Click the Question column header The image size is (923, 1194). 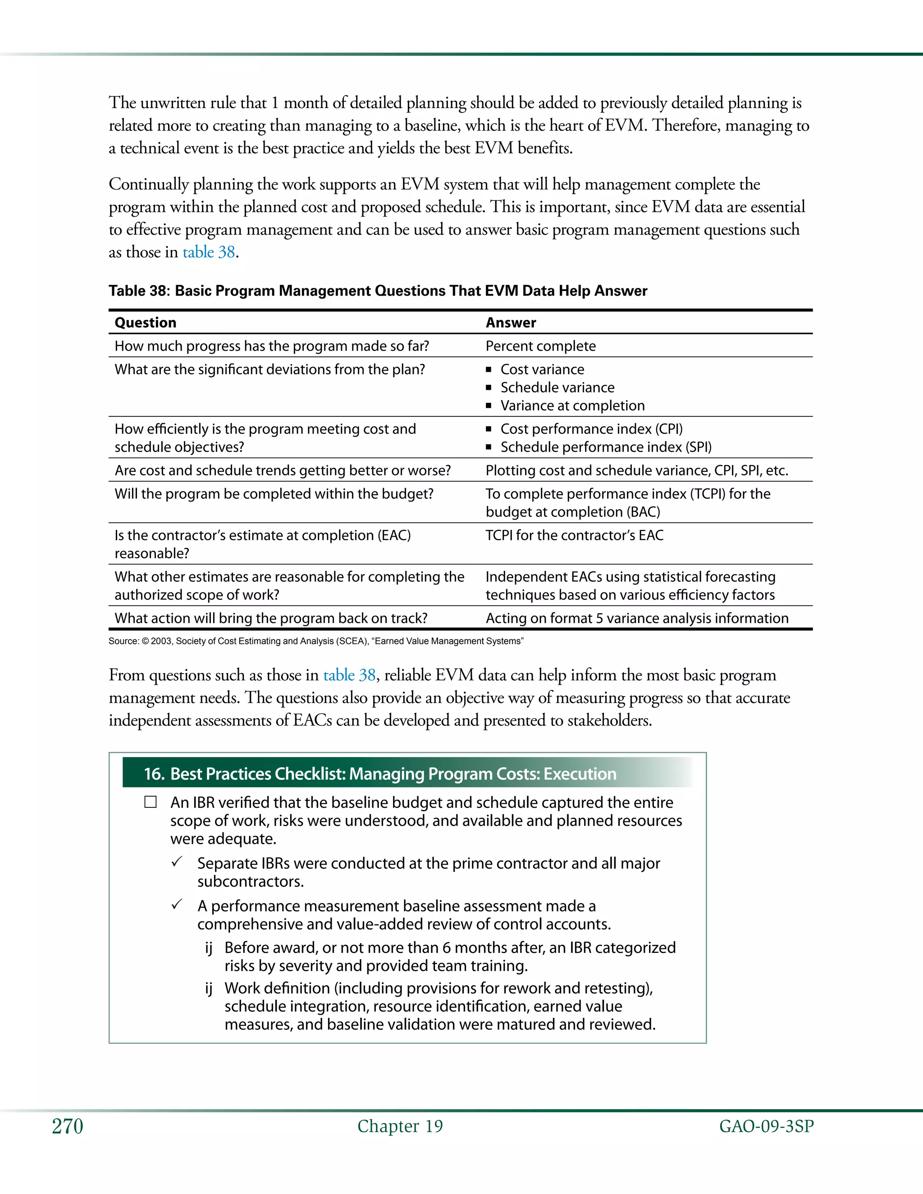click(x=146, y=323)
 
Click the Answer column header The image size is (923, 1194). click(x=511, y=323)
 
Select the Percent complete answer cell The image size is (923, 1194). click(x=540, y=346)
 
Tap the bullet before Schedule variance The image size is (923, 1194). click(x=489, y=387)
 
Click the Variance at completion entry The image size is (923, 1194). click(x=572, y=406)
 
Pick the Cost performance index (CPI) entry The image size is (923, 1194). click(x=591, y=429)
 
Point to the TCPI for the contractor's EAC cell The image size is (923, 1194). click(x=574, y=535)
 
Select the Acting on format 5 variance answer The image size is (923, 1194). click(x=636, y=618)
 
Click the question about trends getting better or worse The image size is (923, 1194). click(x=282, y=471)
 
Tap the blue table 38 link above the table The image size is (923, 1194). click(x=208, y=252)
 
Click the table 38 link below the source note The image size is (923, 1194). click(x=349, y=675)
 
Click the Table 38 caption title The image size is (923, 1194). click(x=377, y=291)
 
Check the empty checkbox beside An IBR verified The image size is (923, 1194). click(x=151, y=802)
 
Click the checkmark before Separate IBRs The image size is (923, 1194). click(x=177, y=862)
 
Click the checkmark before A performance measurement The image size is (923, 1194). click(x=177, y=905)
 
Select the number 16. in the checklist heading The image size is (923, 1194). click(x=154, y=774)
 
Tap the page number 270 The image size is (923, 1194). click(x=67, y=1126)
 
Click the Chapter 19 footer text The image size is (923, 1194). click(x=400, y=1126)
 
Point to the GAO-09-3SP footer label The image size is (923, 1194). click(x=766, y=1126)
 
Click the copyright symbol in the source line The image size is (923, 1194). click(x=146, y=641)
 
